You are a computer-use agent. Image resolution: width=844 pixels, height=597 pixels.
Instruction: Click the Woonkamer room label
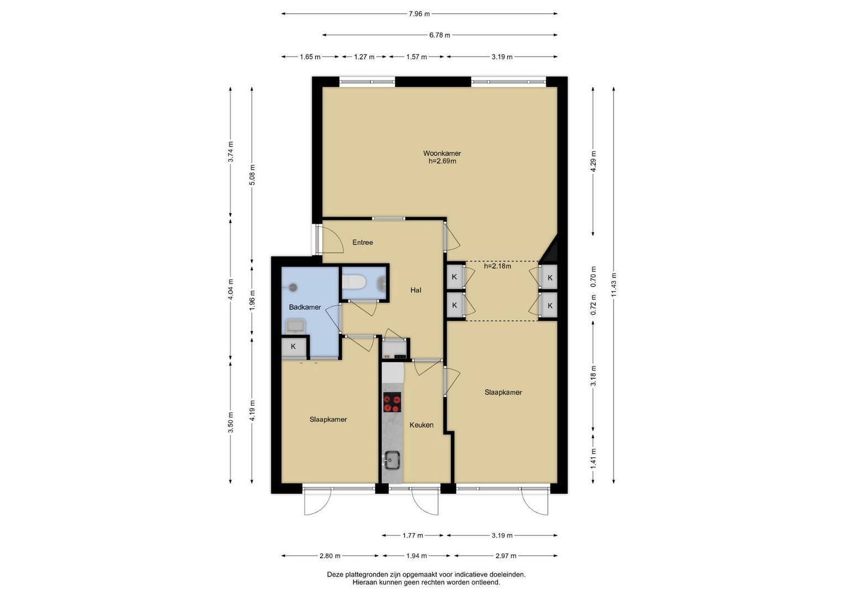(442, 154)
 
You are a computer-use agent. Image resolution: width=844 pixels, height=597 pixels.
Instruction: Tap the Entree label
(363, 242)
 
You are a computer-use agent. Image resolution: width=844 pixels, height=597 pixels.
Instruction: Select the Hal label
(416, 290)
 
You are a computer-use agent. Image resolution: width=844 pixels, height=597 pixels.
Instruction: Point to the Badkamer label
(305, 307)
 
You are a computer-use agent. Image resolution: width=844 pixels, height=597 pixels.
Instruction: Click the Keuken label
(421, 425)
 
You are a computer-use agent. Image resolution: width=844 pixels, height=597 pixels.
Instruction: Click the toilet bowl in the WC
(353, 282)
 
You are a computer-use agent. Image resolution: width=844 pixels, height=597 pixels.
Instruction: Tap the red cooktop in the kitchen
(392, 402)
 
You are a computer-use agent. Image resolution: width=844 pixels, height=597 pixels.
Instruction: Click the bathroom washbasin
(295, 326)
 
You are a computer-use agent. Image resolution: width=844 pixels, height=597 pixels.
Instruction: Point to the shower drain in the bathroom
(293, 287)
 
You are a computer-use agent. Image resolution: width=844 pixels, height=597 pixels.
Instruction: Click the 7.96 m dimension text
(419, 14)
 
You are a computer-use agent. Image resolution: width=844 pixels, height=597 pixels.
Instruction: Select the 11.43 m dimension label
(614, 284)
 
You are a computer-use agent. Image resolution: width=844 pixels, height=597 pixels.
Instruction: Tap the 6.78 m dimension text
(440, 35)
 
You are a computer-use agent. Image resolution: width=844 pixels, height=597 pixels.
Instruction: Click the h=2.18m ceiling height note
(497, 266)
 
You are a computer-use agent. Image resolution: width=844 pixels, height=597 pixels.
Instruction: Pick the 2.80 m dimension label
(329, 556)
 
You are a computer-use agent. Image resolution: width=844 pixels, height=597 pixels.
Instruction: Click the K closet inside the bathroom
(293, 347)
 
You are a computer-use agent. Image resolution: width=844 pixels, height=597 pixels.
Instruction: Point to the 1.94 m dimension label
(416, 556)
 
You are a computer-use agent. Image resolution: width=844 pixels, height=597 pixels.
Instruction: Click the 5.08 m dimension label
(252, 175)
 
